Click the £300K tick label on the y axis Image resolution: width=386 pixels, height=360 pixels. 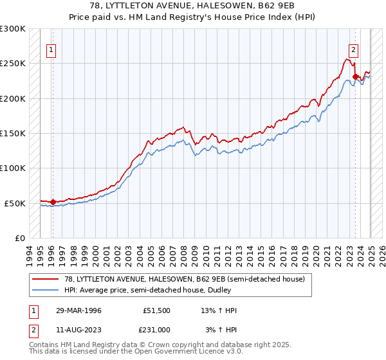coord(13,29)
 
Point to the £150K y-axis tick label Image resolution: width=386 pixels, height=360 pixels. coord(13,134)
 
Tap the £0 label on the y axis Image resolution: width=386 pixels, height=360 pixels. coord(19,238)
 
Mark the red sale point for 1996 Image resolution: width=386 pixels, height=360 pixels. coord(53,202)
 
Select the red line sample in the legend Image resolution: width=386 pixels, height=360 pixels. coord(46,278)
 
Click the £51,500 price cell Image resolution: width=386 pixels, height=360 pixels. coord(156,310)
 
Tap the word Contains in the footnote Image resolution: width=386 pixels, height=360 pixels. coord(44,346)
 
